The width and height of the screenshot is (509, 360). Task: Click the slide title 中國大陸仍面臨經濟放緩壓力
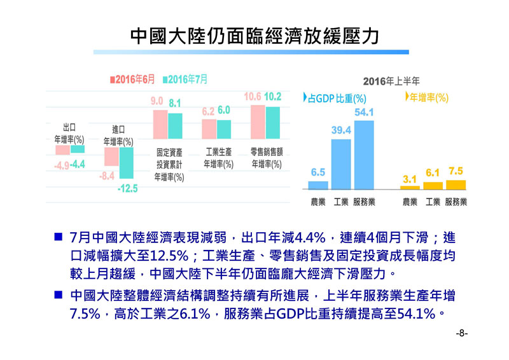pyautogui.click(x=254, y=36)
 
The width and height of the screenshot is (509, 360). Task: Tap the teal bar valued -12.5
pyautogui.click(x=127, y=162)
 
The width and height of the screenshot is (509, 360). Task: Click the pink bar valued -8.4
pyautogui.click(x=111, y=156)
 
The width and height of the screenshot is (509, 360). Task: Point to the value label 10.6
pyautogui.click(x=253, y=97)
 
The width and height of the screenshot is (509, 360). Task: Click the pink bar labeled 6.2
pyautogui.click(x=209, y=130)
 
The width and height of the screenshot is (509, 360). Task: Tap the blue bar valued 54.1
pyautogui.click(x=364, y=155)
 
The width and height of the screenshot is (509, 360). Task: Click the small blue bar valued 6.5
pyautogui.click(x=318, y=185)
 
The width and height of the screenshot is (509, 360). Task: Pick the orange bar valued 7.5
pyautogui.click(x=456, y=184)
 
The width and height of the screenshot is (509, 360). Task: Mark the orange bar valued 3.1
pyautogui.click(x=410, y=188)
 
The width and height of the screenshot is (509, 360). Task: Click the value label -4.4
pyautogui.click(x=78, y=165)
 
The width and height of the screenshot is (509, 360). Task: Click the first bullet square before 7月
pyautogui.click(x=57, y=238)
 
